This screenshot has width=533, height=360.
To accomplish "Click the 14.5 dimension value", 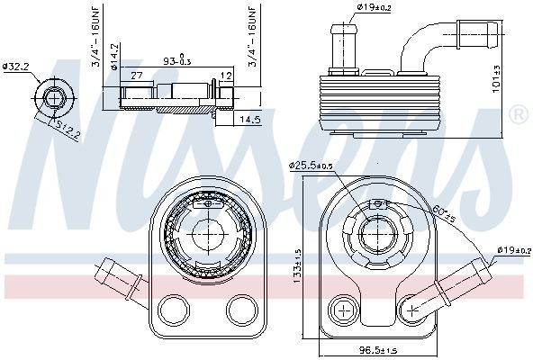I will pos(249,119).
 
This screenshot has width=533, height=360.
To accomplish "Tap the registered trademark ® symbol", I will pos(519,114).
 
